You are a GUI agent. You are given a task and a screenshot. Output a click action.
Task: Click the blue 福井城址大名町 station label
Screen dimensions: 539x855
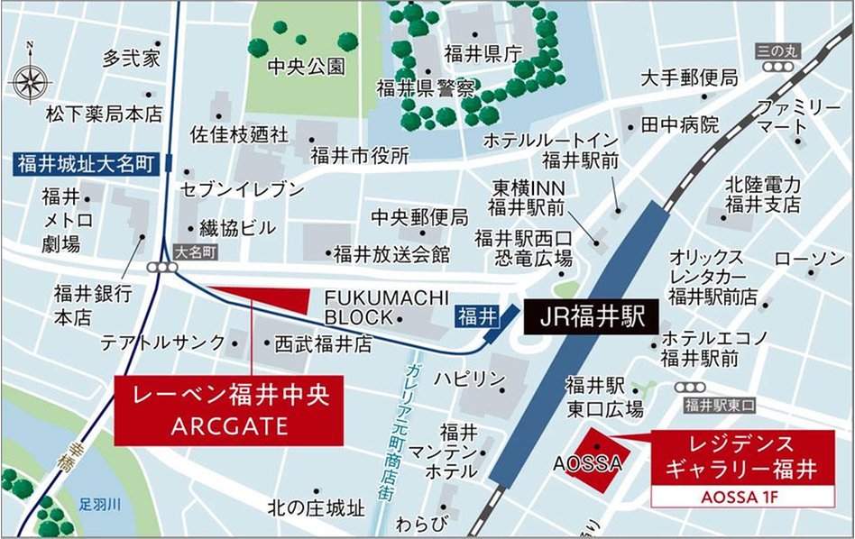coord(86,164)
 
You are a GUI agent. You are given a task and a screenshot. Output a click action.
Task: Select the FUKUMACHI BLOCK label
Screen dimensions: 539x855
coord(360,307)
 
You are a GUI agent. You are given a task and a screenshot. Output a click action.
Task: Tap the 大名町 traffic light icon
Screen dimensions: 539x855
coord(163,268)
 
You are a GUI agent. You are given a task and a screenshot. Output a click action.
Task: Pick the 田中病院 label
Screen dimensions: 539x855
coord(680,124)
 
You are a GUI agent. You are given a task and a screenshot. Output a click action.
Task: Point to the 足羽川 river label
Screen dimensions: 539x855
coord(98,505)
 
